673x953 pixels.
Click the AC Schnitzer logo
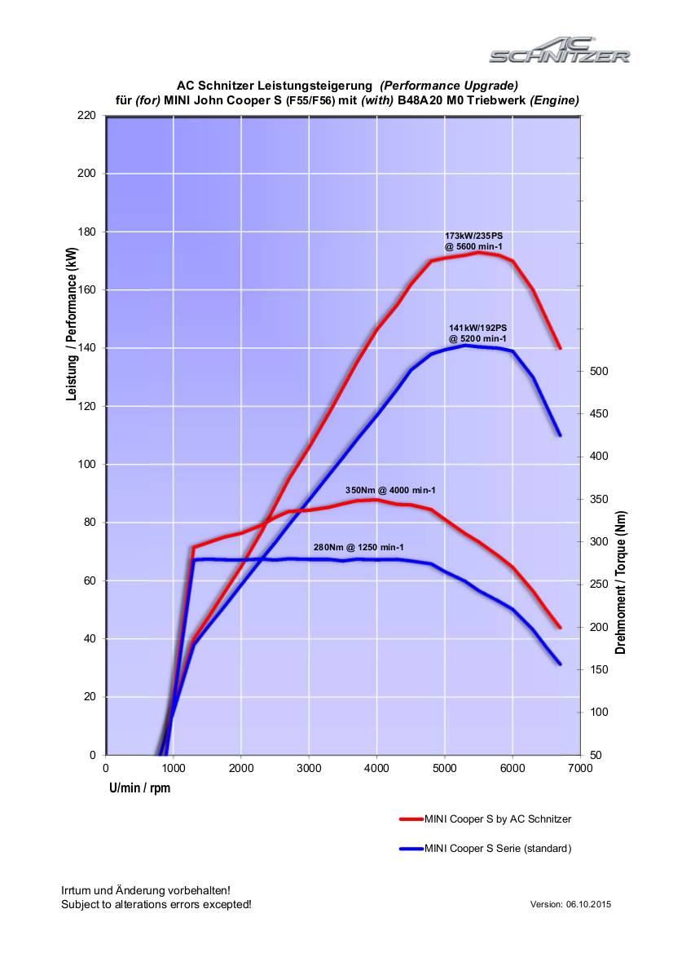point(559,51)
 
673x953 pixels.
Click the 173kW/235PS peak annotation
point(473,240)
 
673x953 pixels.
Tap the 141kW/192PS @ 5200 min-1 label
point(477,333)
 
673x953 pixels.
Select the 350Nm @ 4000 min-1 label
point(390,490)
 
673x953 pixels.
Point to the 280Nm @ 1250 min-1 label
point(358,547)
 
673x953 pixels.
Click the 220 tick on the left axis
point(87,115)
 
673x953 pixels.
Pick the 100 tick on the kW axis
point(87,464)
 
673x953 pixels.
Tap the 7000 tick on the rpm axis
point(579,768)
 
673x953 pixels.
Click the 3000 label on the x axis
point(309,768)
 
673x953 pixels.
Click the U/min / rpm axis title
point(140,788)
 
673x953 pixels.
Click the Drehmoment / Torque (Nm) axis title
point(621,582)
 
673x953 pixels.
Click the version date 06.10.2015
point(589,904)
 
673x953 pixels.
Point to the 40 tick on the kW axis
point(90,638)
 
